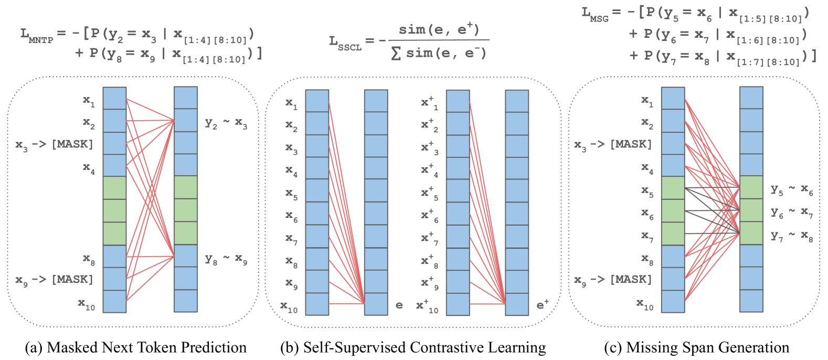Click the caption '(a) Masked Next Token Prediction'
(136, 347)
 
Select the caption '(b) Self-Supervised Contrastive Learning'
(413, 347)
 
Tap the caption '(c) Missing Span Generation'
(696, 347)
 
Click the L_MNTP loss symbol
(36, 35)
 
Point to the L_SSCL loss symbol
(345, 43)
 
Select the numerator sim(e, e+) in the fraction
(439, 29)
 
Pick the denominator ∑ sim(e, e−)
(439, 53)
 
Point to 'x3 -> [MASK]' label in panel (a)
(54, 145)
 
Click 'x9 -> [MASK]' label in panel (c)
(612, 280)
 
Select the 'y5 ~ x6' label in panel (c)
(791, 190)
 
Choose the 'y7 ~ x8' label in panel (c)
(791, 237)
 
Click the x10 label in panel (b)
(289, 306)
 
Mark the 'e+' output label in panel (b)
(543, 304)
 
